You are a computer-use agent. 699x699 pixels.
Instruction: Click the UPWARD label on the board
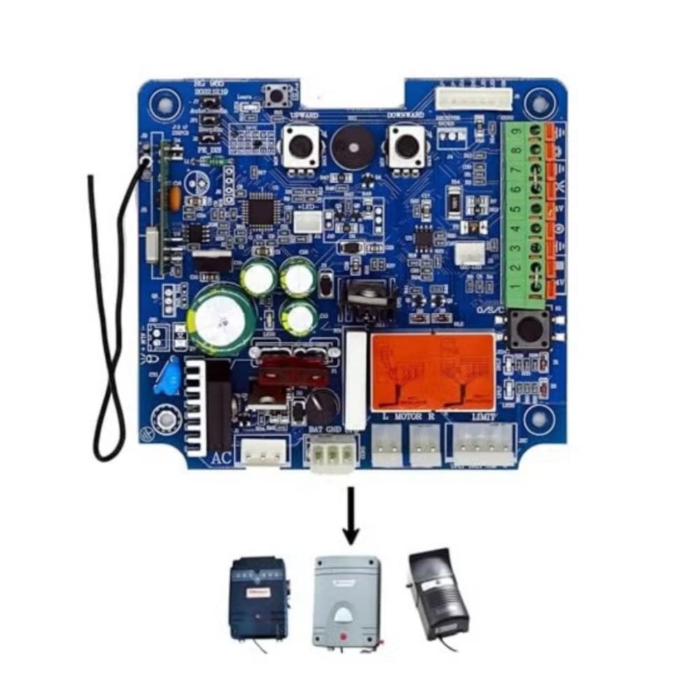point(303,114)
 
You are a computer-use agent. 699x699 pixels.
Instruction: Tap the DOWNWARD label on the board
point(405,114)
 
